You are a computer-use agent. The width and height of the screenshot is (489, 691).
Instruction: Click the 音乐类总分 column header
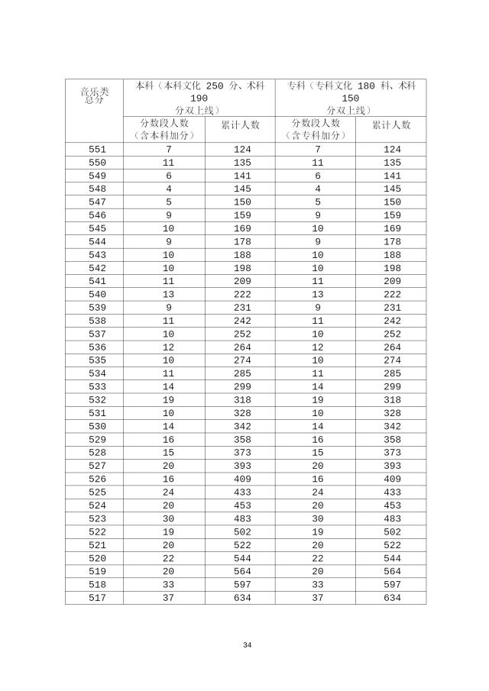point(95,95)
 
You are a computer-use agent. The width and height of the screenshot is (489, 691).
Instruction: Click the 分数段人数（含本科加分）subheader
point(164,129)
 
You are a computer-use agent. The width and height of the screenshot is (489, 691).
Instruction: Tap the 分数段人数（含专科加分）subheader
point(316,129)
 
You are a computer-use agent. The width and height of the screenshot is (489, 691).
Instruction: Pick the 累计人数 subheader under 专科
point(391,125)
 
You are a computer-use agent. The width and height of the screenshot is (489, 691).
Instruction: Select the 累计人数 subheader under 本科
point(240,125)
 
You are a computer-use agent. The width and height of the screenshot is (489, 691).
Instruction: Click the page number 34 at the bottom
point(247,645)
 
